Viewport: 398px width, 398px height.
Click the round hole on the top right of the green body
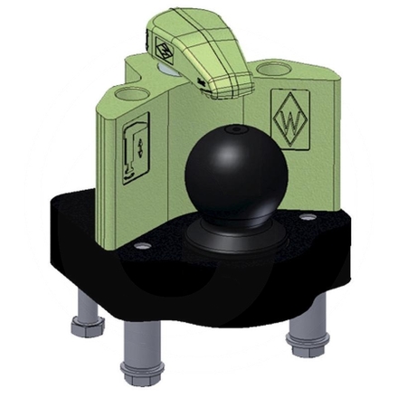[x=270, y=70]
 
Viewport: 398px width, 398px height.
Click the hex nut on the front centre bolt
[x=136, y=368]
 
